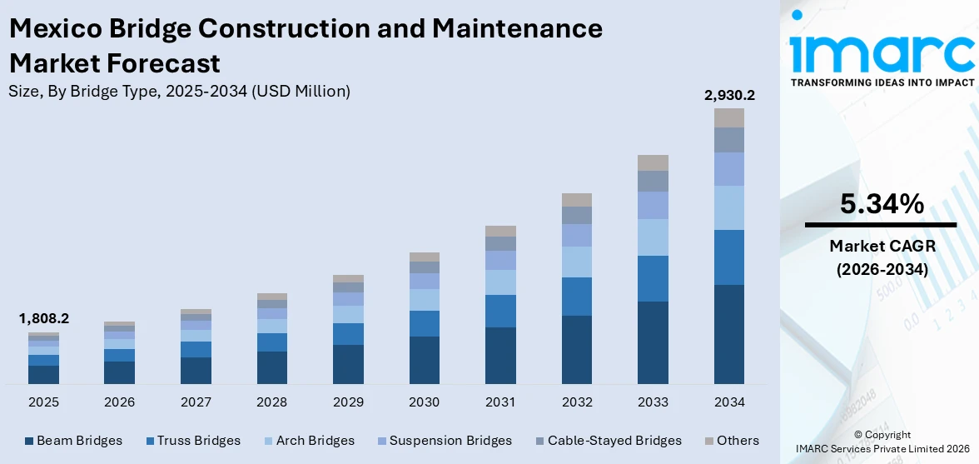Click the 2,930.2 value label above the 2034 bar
[729, 96]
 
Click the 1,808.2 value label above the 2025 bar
[43, 318]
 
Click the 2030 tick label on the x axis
[425, 402]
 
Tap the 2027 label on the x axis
[196, 402]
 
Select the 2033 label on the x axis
[653, 402]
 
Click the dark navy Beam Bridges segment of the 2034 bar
[729, 334]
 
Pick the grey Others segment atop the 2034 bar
[729, 117]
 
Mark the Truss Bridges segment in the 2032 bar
[577, 297]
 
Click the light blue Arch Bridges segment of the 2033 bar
[653, 237]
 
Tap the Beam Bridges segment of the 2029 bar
[348, 364]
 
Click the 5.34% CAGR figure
[881, 204]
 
